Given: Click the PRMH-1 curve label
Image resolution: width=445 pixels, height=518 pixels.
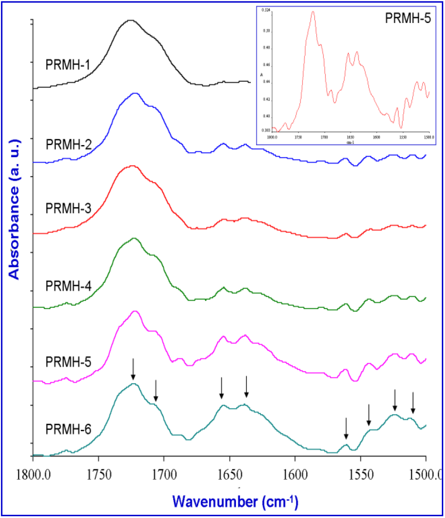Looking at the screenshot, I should [68, 65].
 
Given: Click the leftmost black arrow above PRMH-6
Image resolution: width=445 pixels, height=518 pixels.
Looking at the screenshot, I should [133, 369].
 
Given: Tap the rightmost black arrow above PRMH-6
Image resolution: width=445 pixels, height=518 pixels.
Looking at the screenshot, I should [413, 403].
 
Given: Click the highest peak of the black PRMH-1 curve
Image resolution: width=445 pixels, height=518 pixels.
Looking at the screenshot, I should [130, 20].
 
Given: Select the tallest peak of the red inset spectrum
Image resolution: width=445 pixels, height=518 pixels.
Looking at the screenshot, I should [313, 12].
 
